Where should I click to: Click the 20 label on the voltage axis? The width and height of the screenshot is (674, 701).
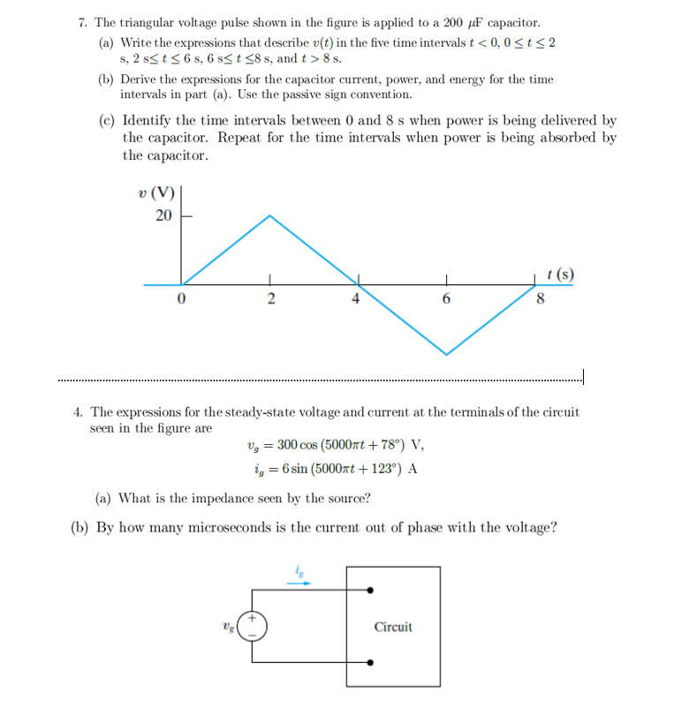pyautogui.click(x=163, y=216)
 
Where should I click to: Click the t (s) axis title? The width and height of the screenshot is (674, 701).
pyautogui.click(x=560, y=274)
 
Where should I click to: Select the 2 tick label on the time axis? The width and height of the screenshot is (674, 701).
pyautogui.click(x=270, y=299)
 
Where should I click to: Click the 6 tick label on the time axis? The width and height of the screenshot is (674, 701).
pyautogui.click(x=446, y=299)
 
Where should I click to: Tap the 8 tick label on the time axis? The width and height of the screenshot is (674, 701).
pyautogui.click(x=541, y=299)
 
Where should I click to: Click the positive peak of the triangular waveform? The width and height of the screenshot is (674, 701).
pyautogui.click(x=270, y=215)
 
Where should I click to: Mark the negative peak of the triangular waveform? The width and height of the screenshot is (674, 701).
pyautogui.click(x=446, y=354)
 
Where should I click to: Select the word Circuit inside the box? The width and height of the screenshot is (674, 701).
pyautogui.click(x=393, y=627)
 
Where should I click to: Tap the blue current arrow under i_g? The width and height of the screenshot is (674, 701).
pyautogui.click(x=299, y=583)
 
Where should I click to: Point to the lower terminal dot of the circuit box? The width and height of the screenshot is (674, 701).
pyautogui.click(x=370, y=661)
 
